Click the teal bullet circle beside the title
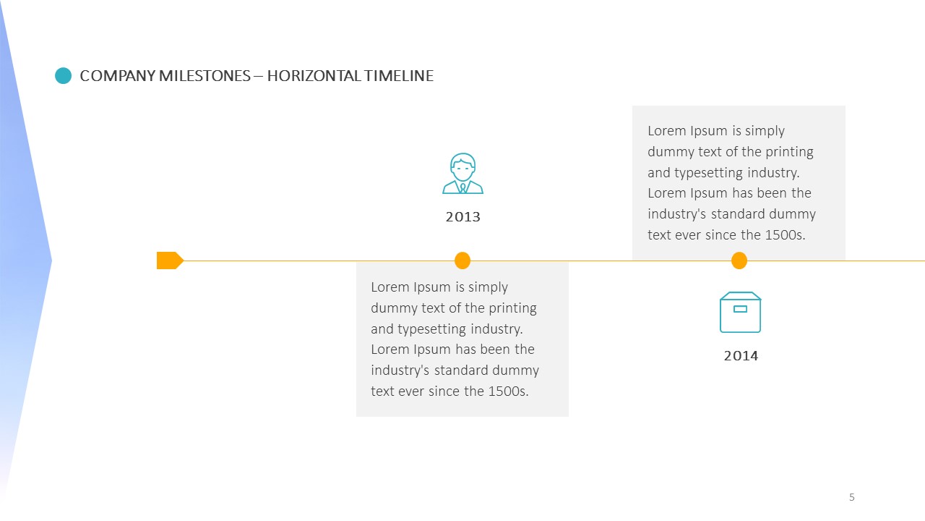point(63,76)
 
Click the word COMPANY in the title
point(118,76)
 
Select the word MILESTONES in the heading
point(205,76)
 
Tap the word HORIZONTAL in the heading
point(314,76)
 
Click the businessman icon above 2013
point(463,173)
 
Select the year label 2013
point(463,217)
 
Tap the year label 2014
point(741,356)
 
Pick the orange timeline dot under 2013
point(462,260)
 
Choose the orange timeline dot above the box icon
point(739,260)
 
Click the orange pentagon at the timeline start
point(170,260)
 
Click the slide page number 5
point(851,497)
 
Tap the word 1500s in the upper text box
point(786,235)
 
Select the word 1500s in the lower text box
point(508,391)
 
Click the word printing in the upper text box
point(790,152)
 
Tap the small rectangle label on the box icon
point(741,309)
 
